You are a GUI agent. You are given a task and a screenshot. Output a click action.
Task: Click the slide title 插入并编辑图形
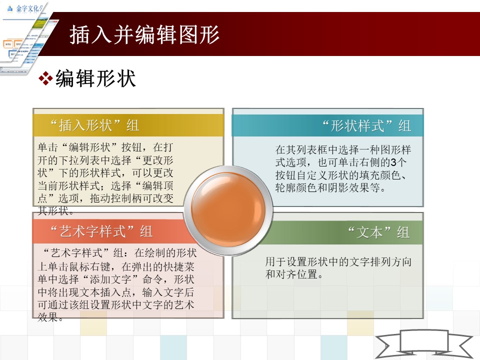tap(144, 34)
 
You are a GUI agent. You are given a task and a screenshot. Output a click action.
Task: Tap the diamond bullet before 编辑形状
tap(45, 78)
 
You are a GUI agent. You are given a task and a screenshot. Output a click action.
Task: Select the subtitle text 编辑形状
tap(95, 78)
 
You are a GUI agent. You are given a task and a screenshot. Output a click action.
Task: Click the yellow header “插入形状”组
tap(95, 125)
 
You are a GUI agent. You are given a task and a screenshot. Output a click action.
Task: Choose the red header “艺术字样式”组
tap(101, 231)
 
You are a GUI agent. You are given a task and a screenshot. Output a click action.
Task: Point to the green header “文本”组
tap(379, 232)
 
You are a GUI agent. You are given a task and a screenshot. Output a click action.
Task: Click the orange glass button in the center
tap(228, 209)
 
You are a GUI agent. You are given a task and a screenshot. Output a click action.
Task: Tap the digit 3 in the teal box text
tap(393, 162)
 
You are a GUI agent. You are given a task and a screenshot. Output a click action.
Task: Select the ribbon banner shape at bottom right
tap(423, 344)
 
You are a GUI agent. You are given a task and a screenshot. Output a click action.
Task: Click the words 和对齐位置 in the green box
tap(291, 274)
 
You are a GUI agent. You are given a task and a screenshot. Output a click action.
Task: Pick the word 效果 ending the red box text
tap(48, 317)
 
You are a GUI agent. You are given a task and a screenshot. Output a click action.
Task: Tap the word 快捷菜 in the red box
tap(179, 266)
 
